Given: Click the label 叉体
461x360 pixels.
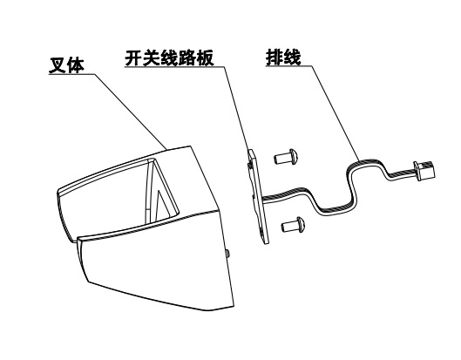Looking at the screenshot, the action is (x=66, y=65).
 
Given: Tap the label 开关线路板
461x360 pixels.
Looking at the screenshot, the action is (x=170, y=58).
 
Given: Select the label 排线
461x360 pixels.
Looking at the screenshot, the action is (x=283, y=58).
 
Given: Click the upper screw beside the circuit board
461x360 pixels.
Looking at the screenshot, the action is (x=287, y=157).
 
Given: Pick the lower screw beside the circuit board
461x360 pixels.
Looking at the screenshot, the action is (x=294, y=225).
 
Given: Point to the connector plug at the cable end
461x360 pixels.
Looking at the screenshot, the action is (x=424, y=171).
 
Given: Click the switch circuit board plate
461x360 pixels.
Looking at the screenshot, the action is (x=258, y=196).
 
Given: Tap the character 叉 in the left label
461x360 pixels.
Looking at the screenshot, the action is (x=57, y=65).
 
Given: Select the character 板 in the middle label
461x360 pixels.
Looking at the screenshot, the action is (x=206, y=58).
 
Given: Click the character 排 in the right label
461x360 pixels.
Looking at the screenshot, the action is (x=275, y=58).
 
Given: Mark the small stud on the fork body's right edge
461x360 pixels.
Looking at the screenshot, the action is (x=227, y=254).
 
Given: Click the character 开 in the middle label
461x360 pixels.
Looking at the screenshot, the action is (x=134, y=58).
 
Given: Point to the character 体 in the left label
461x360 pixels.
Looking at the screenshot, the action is (x=76, y=65).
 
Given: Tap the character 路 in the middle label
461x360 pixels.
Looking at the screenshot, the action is (x=187, y=58).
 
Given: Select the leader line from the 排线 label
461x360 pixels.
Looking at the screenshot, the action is (x=336, y=113).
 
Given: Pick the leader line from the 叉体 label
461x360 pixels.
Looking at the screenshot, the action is (x=131, y=112).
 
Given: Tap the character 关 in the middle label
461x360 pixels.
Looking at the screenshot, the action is (x=152, y=58).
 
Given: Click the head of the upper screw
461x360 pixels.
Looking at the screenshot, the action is (x=295, y=156).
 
